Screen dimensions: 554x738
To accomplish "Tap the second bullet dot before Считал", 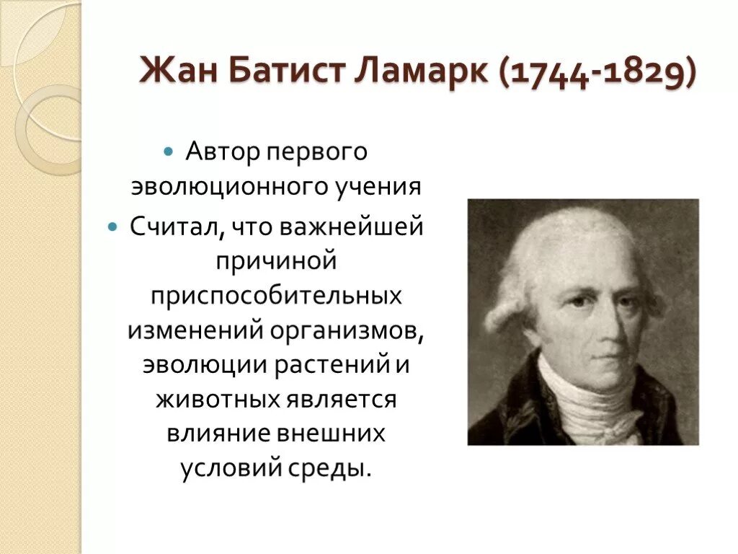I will (x=112, y=227).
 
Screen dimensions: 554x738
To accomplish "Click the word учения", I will (x=378, y=188).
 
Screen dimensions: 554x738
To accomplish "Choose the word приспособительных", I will (x=277, y=295).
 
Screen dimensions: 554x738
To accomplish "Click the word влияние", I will (x=216, y=434).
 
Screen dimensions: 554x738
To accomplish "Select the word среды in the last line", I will (x=338, y=469).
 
